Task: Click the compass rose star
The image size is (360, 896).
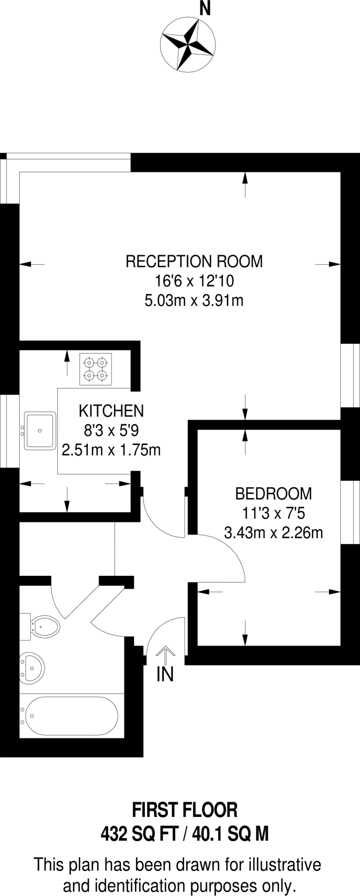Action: (x=188, y=44)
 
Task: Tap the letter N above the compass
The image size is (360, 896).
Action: (x=205, y=8)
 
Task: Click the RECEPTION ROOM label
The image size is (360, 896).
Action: (x=194, y=261)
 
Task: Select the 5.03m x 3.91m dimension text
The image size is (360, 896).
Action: (x=194, y=301)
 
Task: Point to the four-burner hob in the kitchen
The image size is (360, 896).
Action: (x=95, y=369)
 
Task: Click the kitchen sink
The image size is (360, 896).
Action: (x=40, y=430)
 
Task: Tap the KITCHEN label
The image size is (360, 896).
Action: (x=111, y=411)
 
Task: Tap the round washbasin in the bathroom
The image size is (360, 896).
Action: (x=31, y=668)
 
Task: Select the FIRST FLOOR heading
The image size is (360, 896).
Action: (x=185, y=810)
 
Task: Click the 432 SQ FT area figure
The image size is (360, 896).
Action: (x=137, y=834)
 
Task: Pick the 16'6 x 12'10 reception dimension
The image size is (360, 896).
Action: (x=194, y=281)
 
